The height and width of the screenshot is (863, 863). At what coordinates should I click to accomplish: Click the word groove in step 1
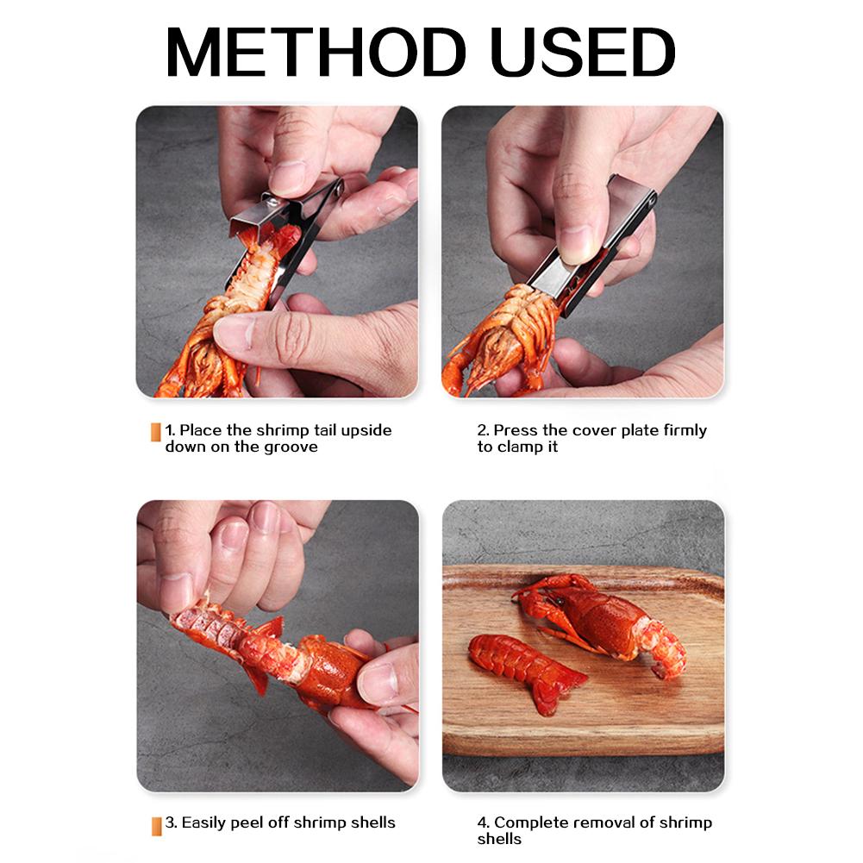point(291,447)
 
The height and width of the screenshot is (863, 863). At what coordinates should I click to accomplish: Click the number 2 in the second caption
point(483,430)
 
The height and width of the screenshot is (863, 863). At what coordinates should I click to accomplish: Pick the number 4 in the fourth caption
point(483,822)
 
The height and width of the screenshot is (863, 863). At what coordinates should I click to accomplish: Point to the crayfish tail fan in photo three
point(259,660)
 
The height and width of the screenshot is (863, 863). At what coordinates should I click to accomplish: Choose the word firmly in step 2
point(685,430)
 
